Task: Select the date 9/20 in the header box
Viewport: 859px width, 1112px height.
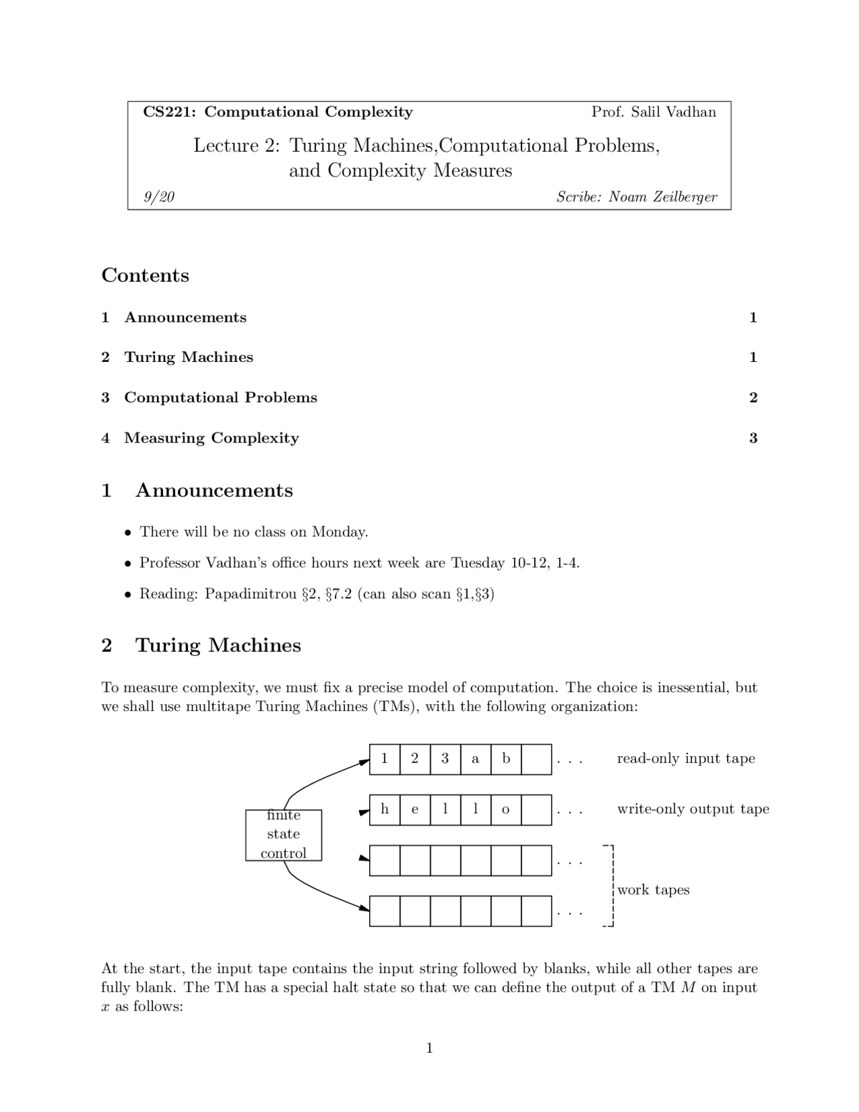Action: pos(159,197)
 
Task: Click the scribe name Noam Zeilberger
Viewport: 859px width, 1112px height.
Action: pos(662,197)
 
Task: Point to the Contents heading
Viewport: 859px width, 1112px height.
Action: pos(145,275)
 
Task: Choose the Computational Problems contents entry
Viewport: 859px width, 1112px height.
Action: pos(220,398)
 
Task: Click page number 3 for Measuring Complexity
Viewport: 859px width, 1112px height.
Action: pos(753,438)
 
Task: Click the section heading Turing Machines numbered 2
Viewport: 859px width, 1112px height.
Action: pos(217,645)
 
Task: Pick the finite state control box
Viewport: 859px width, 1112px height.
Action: pos(283,835)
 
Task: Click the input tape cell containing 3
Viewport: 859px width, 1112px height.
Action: pos(445,759)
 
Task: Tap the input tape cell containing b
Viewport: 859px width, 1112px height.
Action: pos(506,759)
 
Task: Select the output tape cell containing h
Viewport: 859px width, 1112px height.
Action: pos(385,809)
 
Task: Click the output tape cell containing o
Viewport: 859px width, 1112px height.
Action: pos(506,809)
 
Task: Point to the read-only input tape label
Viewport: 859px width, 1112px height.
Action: pos(686,759)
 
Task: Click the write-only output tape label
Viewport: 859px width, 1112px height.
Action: pos(693,809)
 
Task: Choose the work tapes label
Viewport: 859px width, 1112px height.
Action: pos(653,890)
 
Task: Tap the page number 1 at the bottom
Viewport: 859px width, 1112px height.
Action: pos(429,1048)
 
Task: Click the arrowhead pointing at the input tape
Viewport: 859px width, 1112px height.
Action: pos(365,761)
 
